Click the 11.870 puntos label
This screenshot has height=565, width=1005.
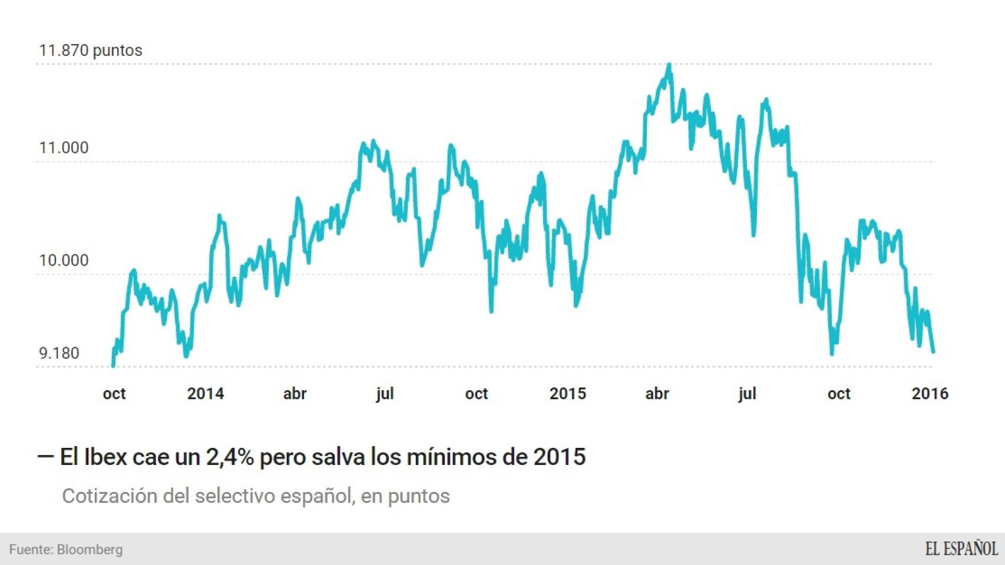[90, 51]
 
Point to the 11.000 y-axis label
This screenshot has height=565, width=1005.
[64, 148]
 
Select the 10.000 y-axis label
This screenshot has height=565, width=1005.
[64, 260]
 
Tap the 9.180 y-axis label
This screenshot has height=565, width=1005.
[59, 353]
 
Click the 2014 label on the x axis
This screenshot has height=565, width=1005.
[206, 394]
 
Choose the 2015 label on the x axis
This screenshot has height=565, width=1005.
[568, 394]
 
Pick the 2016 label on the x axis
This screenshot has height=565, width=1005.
[930, 394]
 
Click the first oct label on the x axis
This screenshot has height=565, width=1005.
[114, 394]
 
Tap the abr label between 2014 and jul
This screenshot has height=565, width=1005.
[295, 394]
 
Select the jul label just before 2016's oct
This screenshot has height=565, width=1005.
[747, 394]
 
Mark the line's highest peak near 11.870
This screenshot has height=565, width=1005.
[669, 64]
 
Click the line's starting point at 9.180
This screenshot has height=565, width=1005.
[113, 365]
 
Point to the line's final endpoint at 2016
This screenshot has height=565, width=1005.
[933, 352]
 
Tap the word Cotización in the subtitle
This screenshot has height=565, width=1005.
[110, 496]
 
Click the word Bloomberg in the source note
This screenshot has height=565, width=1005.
[90, 550]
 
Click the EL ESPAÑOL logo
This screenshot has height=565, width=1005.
[961, 549]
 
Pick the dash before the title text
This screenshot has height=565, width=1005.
[45, 456]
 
